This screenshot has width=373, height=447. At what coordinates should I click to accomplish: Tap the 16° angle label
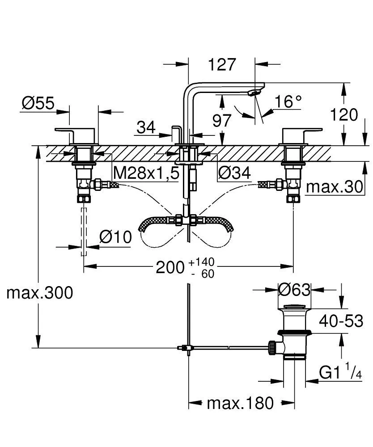288,102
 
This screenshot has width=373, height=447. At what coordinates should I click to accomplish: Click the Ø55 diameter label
38,103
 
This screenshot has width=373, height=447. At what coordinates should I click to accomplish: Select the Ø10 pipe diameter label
115,237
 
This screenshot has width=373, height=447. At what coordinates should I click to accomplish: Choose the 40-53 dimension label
341,320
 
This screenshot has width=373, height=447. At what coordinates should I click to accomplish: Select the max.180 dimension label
240,404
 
